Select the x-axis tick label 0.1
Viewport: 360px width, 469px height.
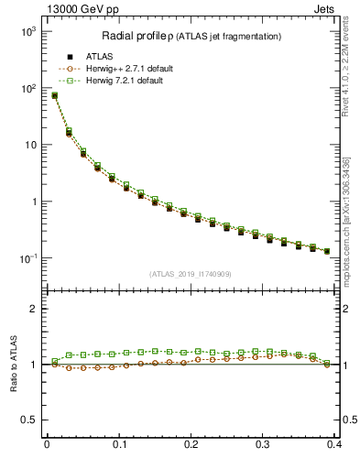point(118,446)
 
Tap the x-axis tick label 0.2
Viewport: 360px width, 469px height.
point(191,446)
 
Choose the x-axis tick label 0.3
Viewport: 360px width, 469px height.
point(263,446)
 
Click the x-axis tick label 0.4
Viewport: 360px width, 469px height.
point(334,446)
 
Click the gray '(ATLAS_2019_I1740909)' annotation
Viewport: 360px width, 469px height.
point(190,274)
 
